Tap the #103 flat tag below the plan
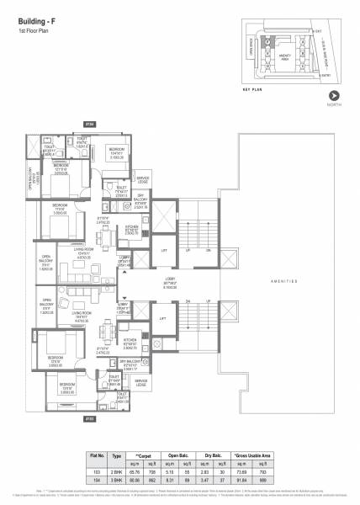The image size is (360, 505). [90, 417]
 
